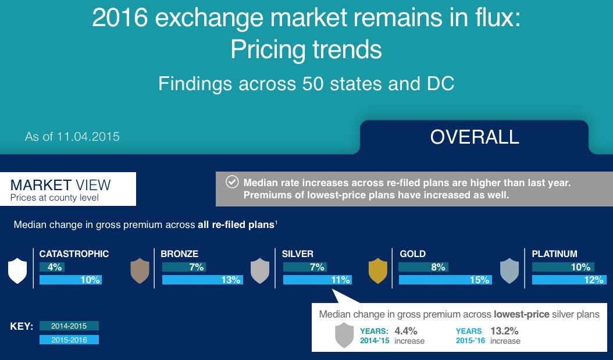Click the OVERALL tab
475,137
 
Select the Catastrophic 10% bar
70,280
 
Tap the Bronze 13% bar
202,280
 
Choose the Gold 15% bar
445,280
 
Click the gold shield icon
378,271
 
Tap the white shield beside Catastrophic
17,271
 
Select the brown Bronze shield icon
140,271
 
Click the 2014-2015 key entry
69,326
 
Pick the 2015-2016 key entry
69,340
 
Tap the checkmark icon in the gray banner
231,182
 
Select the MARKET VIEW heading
60,186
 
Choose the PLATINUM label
554,254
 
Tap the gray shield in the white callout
344,336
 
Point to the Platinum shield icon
509,271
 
